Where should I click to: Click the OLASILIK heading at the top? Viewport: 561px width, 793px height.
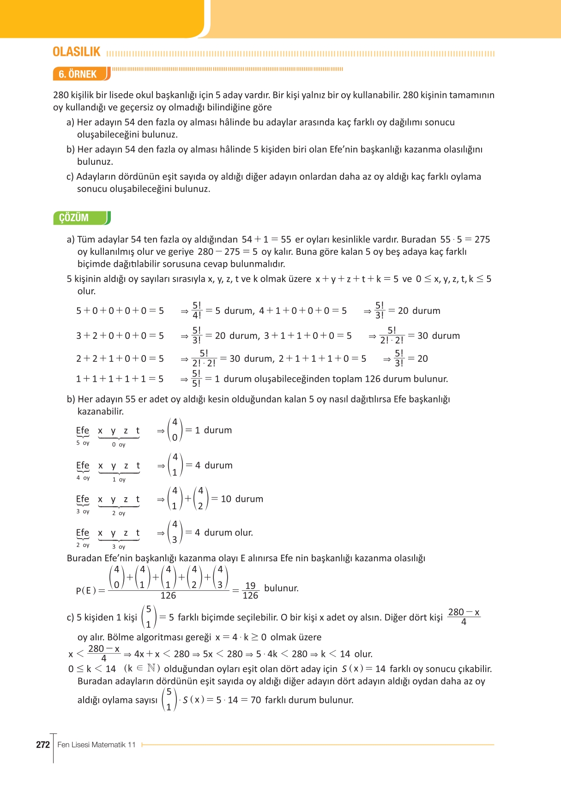(x=76, y=52)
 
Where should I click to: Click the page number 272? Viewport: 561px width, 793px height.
(x=43, y=745)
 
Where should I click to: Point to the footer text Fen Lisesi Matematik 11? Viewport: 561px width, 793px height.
(x=97, y=745)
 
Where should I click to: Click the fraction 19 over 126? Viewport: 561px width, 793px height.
(x=250, y=590)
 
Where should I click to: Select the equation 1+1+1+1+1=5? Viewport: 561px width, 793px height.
(x=120, y=379)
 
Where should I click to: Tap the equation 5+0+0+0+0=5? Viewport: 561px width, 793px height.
(x=120, y=311)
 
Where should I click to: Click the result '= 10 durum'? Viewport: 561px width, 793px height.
(x=237, y=499)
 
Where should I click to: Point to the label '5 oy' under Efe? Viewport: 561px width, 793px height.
(x=83, y=443)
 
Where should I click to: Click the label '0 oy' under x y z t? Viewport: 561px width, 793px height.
(x=119, y=445)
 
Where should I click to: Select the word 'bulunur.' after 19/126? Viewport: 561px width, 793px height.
(x=281, y=589)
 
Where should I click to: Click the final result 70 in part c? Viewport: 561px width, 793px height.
(x=255, y=700)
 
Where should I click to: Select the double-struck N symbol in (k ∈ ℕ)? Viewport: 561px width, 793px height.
(x=151, y=668)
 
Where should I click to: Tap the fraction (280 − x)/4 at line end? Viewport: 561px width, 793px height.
(x=464, y=617)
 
